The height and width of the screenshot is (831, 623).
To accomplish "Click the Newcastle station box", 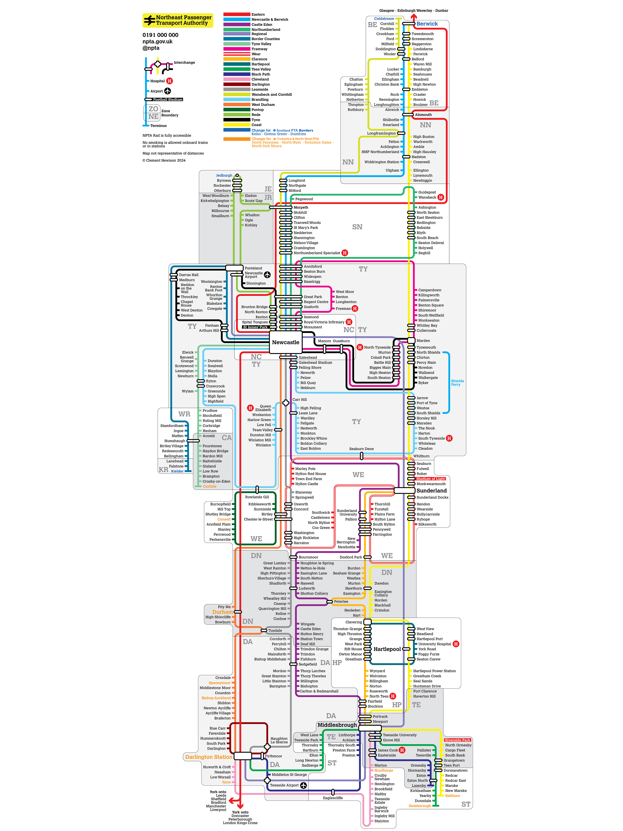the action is click(x=285, y=342).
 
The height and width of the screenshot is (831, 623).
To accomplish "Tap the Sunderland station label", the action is click(x=432, y=491).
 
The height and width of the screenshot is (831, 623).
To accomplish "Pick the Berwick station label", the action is click(x=427, y=24).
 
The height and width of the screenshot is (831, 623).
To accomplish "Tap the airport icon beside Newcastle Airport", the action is click(x=267, y=275).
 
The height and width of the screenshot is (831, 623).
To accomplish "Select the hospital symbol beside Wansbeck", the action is click(x=441, y=197).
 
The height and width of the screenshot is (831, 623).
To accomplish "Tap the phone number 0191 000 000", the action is click(x=160, y=35).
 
